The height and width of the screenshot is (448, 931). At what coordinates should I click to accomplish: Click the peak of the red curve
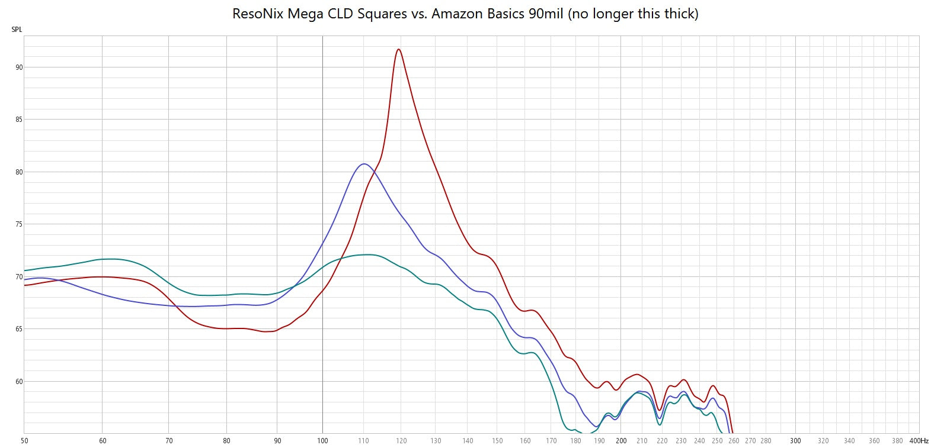[x=399, y=49]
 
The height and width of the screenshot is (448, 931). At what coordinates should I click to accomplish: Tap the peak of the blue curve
[x=363, y=164]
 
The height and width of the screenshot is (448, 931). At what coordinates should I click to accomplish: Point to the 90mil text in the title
[x=546, y=14]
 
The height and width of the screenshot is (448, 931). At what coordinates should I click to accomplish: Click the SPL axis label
[x=16, y=30]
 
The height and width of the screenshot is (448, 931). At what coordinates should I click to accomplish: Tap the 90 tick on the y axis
[x=19, y=67]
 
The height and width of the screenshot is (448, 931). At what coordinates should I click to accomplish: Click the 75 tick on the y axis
[x=19, y=224]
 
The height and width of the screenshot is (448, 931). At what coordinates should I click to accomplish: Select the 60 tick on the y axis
[x=19, y=382]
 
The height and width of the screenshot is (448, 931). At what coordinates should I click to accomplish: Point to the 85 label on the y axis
[x=19, y=120]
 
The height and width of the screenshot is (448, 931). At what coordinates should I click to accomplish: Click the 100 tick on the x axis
[x=322, y=441]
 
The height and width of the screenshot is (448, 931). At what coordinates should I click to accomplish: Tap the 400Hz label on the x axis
[x=919, y=441]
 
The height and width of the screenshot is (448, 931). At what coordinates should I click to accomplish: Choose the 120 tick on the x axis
[x=401, y=441]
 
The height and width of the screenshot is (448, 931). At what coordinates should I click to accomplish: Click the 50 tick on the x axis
[x=24, y=441]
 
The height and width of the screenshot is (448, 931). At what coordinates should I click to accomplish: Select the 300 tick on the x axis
[x=795, y=441]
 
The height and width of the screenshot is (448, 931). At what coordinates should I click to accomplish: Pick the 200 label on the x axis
[x=620, y=441]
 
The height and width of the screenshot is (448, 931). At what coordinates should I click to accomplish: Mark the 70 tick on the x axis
[x=169, y=441]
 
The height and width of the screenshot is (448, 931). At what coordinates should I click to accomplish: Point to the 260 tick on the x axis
[x=734, y=441]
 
